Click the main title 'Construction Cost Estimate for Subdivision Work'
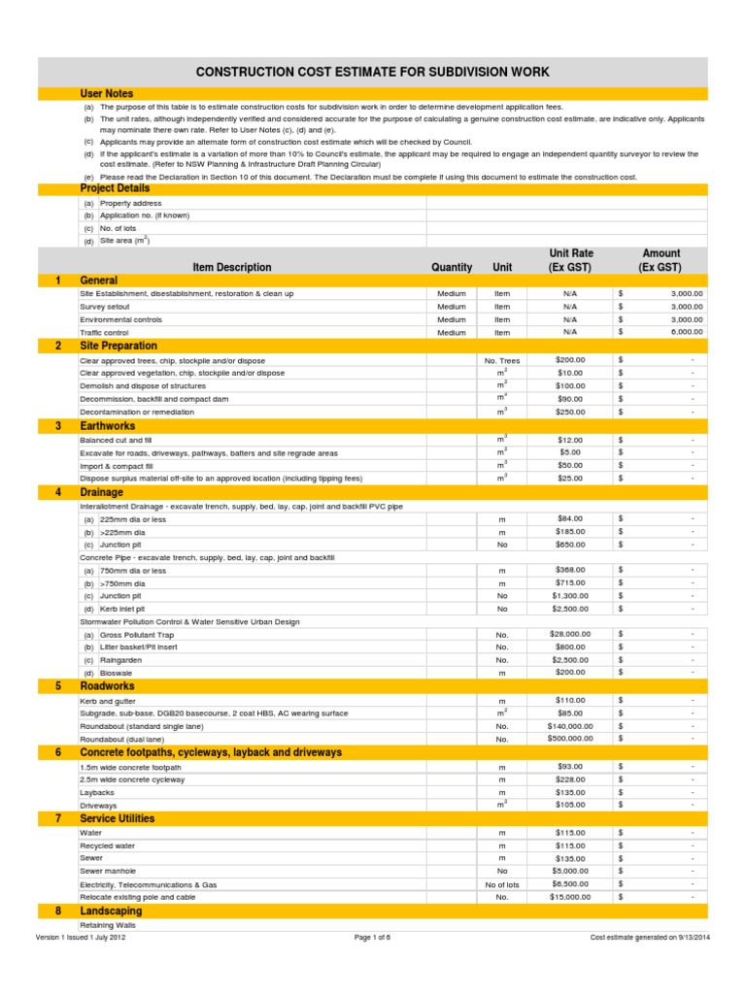(373, 72)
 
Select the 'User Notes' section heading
(107, 93)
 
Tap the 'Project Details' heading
(115, 188)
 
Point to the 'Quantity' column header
(452, 267)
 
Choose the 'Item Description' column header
(232, 267)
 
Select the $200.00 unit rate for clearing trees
(570, 359)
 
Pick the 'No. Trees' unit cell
(502, 360)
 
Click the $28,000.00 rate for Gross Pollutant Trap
(570, 633)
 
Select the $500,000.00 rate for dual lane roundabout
(570, 739)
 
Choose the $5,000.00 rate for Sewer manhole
(570, 872)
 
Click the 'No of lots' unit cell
(502, 885)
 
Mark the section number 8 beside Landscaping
(58, 911)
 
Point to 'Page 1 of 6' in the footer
(372, 938)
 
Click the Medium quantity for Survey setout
(452, 306)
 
